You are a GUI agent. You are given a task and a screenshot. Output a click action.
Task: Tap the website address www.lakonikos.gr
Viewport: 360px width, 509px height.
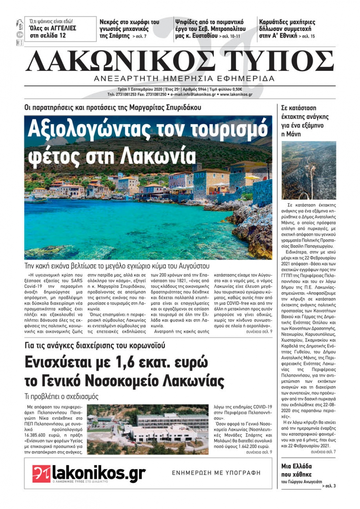(236, 95)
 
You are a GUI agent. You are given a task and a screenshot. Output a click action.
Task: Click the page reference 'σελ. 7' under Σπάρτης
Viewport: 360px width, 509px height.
(139, 36)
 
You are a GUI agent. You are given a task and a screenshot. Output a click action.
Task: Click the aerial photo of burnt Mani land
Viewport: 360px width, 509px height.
(309, 170)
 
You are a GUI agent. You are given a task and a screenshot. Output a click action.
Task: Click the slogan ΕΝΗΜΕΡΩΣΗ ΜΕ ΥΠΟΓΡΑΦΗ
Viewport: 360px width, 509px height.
(216, 473)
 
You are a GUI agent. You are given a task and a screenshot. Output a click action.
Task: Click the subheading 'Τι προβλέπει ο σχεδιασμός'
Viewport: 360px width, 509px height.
(62, 397)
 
